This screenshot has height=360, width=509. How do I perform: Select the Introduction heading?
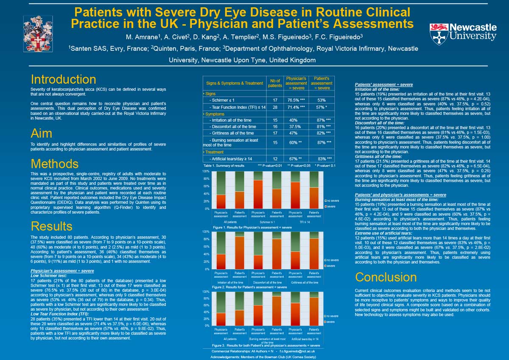tap(63, 79)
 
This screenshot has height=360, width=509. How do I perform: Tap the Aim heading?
tap(42, 133)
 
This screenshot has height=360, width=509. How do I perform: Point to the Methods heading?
tap(54, 163)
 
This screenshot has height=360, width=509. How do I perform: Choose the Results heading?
tap(52, 225)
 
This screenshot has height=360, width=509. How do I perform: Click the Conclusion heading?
tap(386, 277)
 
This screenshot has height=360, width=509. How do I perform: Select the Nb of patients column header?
tap(274, 83)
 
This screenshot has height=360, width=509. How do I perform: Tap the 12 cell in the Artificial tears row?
tap(274, 159)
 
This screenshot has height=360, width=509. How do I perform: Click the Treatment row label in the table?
tap(215, 152)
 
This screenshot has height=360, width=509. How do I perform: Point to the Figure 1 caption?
tap(252, 227)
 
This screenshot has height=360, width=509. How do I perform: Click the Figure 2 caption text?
tap(249, 287)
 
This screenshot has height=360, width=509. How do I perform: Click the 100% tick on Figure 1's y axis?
tap(205, 171)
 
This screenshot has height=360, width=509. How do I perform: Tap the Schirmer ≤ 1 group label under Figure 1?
tap(267, 222)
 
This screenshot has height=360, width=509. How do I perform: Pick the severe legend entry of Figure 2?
tap(331, 265)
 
